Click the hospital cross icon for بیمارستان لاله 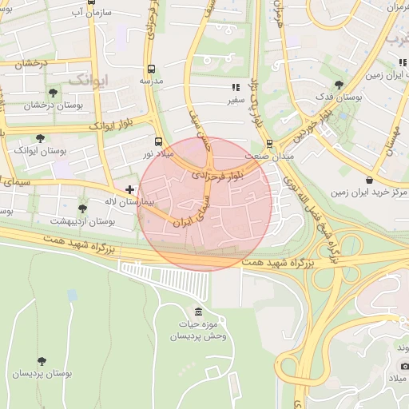coord(130,189)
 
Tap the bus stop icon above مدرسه coord(151,69)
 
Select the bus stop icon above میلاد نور coord(157,141)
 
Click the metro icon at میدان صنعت coord(269,144)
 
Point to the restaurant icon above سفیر coord(235,87)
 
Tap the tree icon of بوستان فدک coord(339,84)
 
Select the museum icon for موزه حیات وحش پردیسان coord(198,312)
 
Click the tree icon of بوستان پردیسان coord(41,362)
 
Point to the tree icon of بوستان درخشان coord(53,93)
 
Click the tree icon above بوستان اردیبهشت coord(82,208)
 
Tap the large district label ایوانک coord(87,80)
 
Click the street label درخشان coord(33,63)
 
